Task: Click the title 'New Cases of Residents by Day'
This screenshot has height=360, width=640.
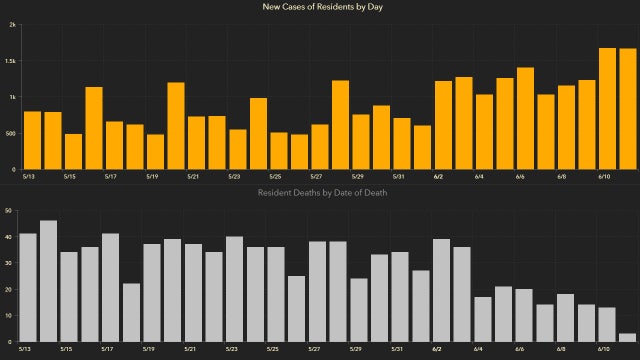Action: coord(319,8)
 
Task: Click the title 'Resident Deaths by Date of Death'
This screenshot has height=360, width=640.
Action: coord(319,191)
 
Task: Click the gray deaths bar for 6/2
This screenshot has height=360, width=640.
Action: coord(441,290)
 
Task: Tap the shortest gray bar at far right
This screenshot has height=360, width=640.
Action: coord(627,337)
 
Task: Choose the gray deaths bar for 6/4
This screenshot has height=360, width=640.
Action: coord(482,319)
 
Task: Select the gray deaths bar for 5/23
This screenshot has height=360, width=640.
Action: coord(235,289)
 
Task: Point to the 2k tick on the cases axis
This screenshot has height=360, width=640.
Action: coord(11,25)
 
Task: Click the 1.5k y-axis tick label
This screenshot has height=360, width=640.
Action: coord(9,61)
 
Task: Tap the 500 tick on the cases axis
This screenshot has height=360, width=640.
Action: coord(10,133)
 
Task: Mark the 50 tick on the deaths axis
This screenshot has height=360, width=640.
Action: coord(9,211)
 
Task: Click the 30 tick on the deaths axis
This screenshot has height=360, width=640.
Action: coord(9,263)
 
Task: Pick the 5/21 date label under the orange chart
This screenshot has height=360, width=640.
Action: coord(192,177)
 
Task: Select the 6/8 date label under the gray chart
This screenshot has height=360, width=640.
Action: coord(561,350)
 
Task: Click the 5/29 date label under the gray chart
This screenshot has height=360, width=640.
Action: coord(356,350)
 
